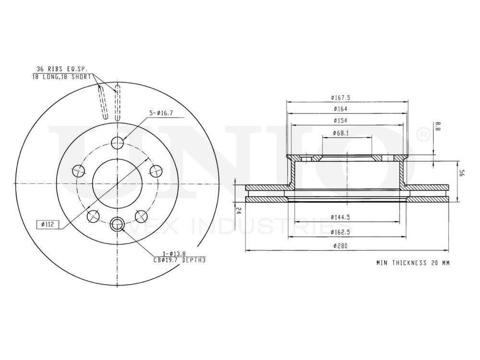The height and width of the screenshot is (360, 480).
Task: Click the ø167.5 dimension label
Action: tap(340, 97)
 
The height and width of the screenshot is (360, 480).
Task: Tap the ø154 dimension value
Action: tap(340, 121)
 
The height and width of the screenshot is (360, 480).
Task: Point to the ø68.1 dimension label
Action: tap(340, 133)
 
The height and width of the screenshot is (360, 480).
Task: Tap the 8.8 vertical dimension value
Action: tap(438, 127)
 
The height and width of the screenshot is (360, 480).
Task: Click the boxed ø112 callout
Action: tap(48, 224)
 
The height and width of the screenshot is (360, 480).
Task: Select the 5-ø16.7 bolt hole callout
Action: tap(161, 113)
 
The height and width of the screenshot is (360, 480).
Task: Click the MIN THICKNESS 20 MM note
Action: tap(413, 263)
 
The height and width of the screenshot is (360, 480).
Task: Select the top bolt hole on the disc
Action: tap(118, 142)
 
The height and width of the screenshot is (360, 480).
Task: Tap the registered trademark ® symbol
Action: tap(422, 135)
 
